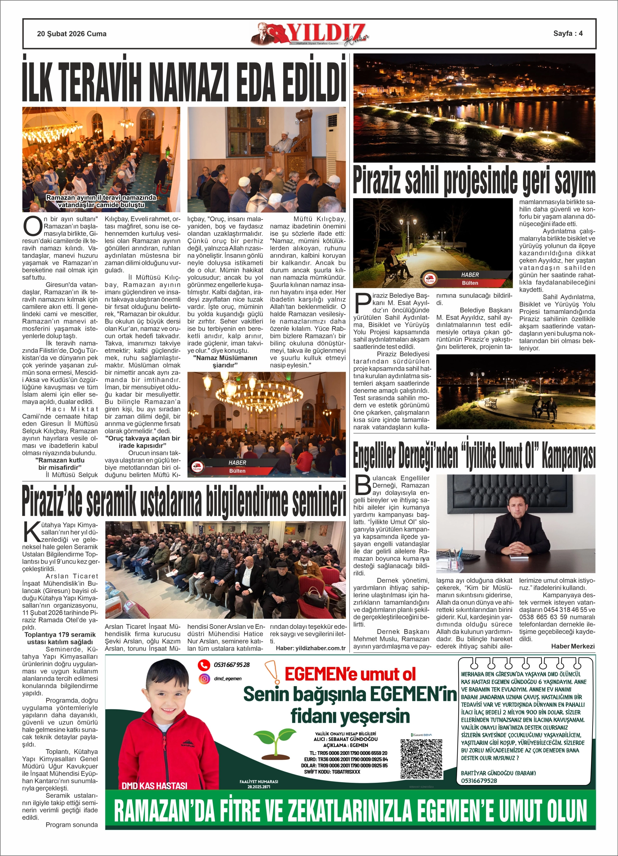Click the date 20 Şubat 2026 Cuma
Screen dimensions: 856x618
[x=72, y=34]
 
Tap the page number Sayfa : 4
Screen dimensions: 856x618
[x=568, y=33]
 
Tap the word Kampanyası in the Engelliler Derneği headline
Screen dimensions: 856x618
[x=568, y=456]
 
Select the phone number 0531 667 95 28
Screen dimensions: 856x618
[x=232, y=665]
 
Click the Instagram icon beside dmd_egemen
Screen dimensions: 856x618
[x=204, y=679]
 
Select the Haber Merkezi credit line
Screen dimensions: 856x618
[x=572, y=646]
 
